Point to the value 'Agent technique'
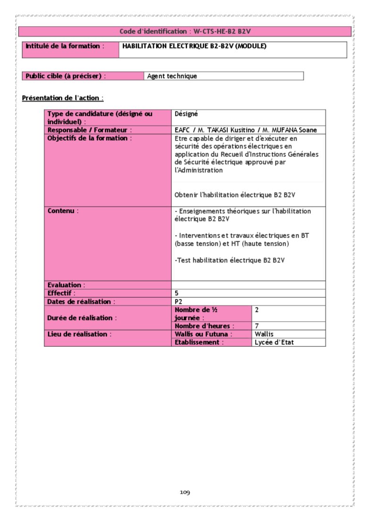tap(172, 76)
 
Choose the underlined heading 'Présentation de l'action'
tap(63, 98)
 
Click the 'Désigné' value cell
tap(186, 114)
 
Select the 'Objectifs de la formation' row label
tap(89, 138)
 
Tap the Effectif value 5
tap(177, 293)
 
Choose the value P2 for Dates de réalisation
tap(178, 301)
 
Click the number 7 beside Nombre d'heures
tap(257, 326)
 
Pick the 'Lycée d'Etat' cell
tap(274, 342)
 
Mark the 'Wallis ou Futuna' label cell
tap(203, 334)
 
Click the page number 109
tap(185, 493)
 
